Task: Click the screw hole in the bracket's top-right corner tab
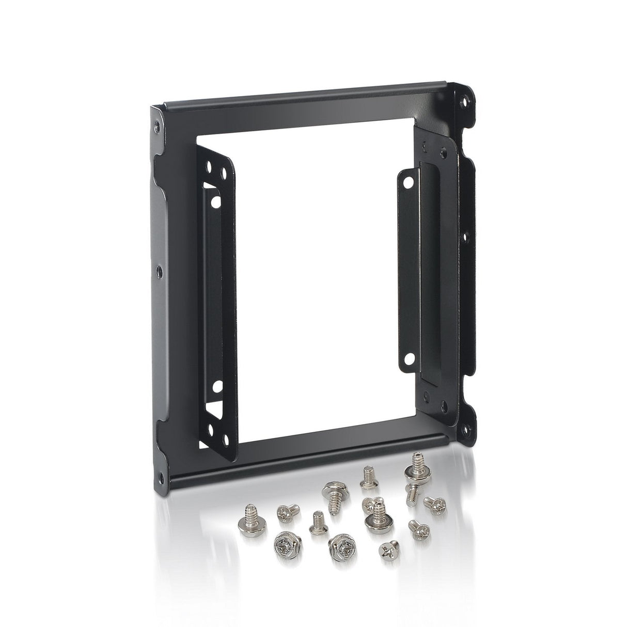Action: [466, 102]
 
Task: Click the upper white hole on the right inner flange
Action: [407, 182]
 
